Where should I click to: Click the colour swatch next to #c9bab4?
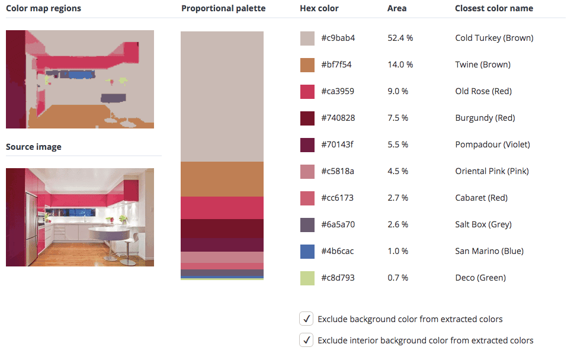point(307,38)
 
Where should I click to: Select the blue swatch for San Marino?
point(307,252)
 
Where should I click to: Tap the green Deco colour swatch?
point(307,278)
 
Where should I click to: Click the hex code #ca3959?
point(338,91)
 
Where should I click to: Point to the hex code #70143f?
point(337,144)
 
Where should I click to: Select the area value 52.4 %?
point(400,38)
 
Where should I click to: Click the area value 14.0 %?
point(400,65)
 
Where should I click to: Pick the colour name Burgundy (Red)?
point(485,118)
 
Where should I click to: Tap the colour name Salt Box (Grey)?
point(483,224)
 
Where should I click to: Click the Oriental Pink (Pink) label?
point(492,171)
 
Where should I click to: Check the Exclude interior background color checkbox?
point(306,340)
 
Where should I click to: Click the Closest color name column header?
point(494,8)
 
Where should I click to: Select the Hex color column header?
point(319,8)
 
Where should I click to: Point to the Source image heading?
point(34,147)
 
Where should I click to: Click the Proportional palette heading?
point(223,8)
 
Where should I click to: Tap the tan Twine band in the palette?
point(222,179)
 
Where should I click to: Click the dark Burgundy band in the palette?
point(222,229)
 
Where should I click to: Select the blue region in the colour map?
point(81,75)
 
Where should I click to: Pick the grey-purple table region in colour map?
point(113,98)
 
